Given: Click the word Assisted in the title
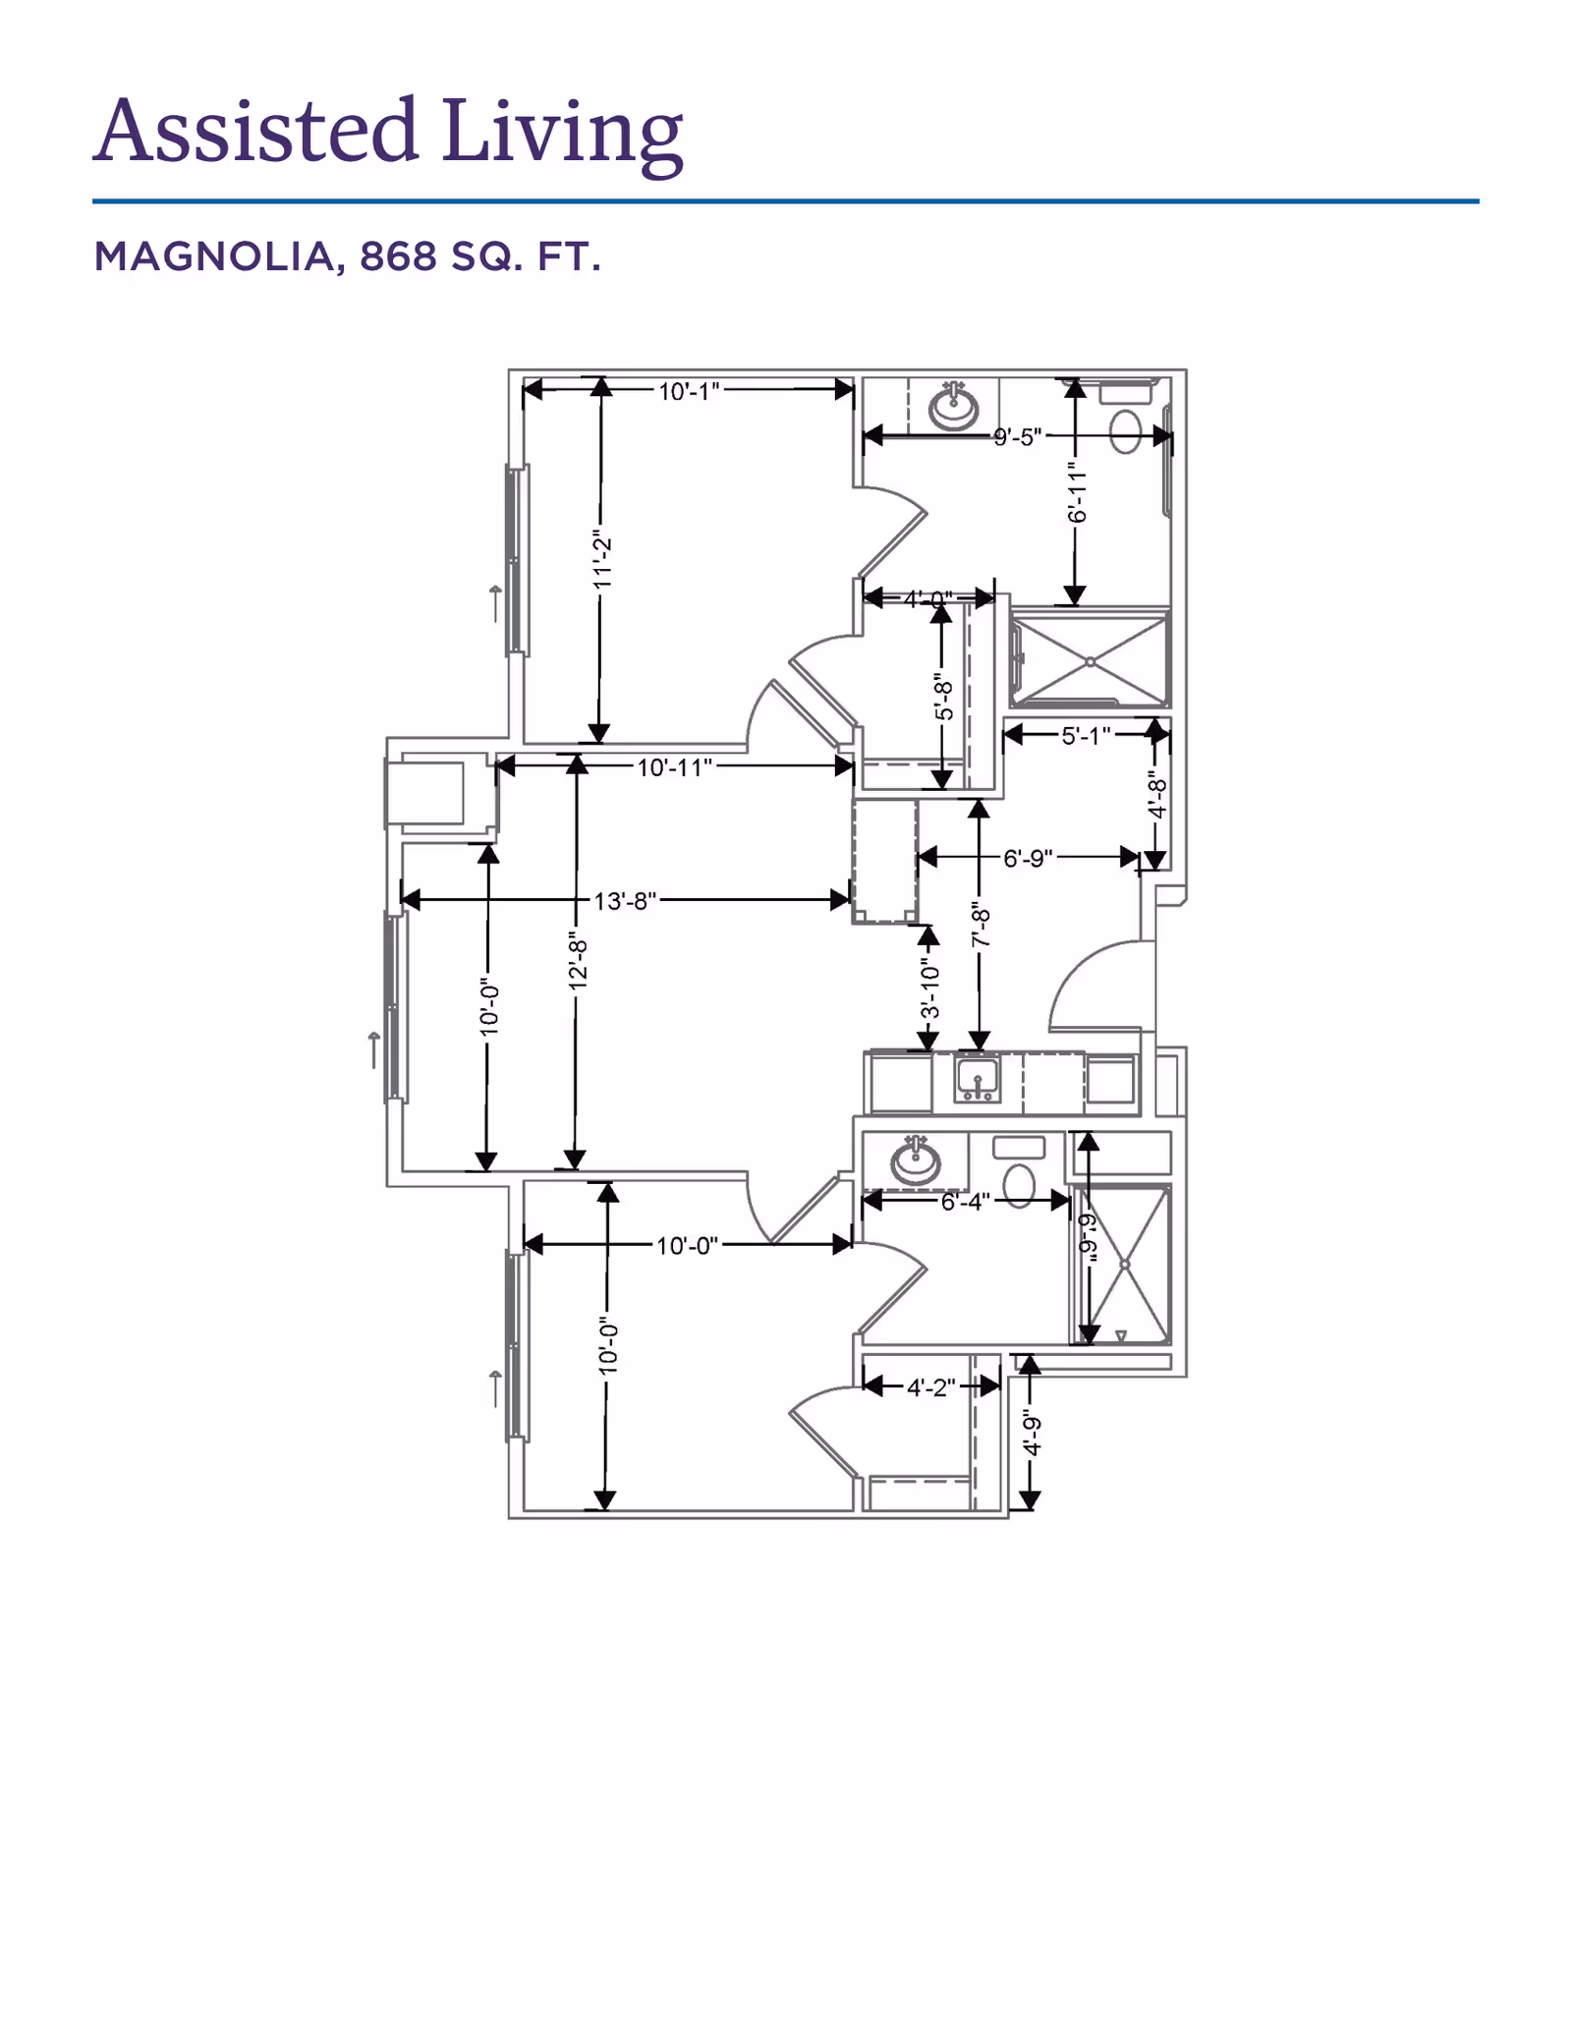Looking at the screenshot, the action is [256, 130].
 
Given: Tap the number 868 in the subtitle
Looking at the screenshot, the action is [398, 256].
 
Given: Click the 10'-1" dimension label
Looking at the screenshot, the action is [689, 391].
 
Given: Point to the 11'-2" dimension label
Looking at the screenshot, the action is [602, 560].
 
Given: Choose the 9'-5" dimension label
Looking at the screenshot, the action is [1016, 436].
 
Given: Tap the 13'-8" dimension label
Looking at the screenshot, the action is [625, 900].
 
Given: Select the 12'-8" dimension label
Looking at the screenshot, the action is [578, 963].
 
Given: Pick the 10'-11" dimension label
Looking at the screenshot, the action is [674, 766].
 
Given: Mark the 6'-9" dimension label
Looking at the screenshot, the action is [1028, 858].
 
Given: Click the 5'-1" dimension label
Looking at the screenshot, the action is [1086, 735].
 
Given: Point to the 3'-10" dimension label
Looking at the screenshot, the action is [928, 989].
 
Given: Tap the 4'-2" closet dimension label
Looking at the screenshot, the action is [930, 1386].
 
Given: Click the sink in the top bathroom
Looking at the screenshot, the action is [953, 405].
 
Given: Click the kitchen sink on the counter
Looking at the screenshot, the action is [978, 1079].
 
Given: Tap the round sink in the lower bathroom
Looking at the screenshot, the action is [916, 1160].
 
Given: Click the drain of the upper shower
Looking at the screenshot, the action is [1091, 662].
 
